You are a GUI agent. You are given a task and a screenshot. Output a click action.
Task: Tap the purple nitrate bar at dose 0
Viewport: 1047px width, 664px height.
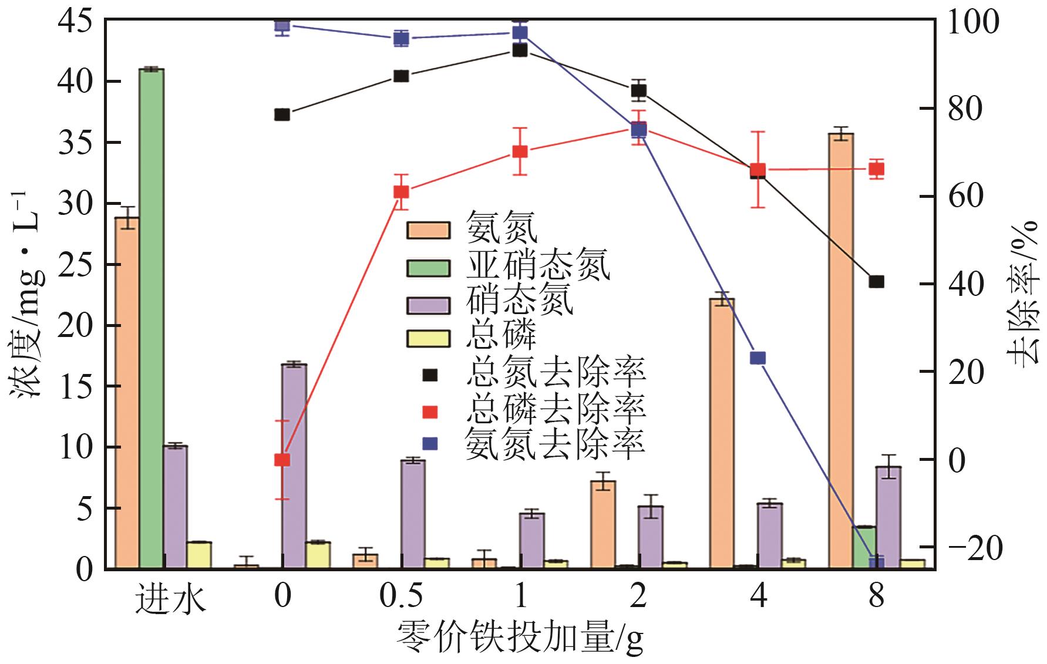tap(294, 466)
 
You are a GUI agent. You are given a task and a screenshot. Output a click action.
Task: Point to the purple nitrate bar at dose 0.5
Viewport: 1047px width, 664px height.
tap(413, 514)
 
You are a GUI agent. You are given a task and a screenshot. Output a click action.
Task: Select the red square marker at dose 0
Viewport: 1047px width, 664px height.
tap(282, 460)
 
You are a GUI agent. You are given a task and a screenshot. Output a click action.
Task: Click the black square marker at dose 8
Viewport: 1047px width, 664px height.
tap(876, 282)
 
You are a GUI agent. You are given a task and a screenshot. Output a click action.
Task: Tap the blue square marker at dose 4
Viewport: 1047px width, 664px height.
tap(758, 358)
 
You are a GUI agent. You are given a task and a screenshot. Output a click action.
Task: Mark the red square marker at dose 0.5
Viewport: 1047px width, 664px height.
tap(401, 192)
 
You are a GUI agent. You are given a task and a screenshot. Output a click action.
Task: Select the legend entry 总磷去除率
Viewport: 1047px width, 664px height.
tap(555, 408)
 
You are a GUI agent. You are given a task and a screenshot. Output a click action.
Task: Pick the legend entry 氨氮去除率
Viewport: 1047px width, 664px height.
tap(555, 444)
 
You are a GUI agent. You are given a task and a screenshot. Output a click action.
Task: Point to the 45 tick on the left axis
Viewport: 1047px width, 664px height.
tap(75, 22)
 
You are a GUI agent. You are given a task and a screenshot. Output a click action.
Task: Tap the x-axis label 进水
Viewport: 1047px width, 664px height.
tap(171, 599)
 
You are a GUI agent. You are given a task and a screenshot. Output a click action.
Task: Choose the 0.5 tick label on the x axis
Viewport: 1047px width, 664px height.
tap(401, 597)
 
